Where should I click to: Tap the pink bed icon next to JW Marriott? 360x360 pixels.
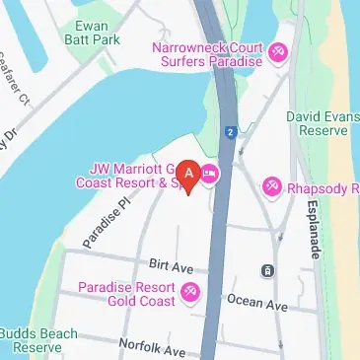click(209, 176)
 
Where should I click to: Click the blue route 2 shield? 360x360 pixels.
click(229, 131)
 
